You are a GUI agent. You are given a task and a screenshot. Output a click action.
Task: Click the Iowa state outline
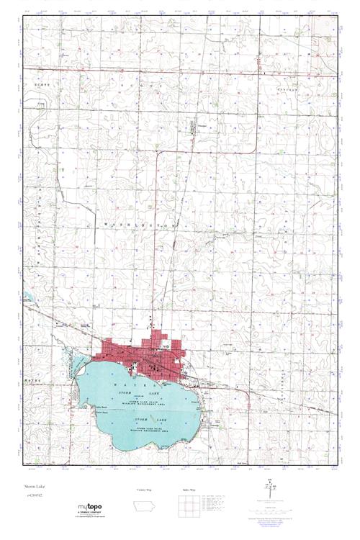[145, 506]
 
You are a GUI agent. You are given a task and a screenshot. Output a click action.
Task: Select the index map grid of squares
[186, 505]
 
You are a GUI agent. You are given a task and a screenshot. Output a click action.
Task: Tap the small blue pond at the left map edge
[27, 297]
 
